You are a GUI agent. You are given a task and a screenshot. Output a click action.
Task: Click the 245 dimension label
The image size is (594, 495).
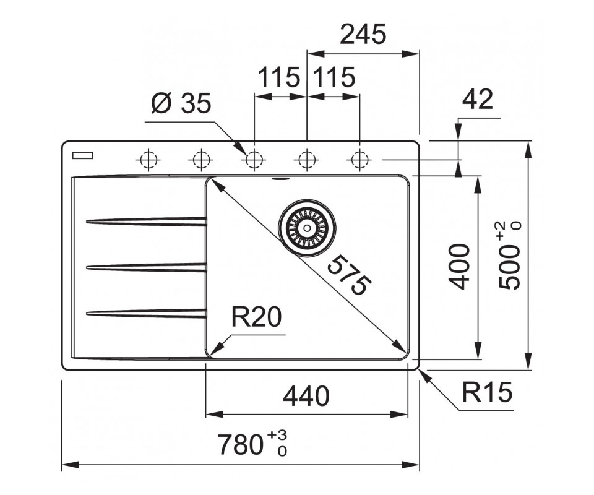click(x=363, y=35)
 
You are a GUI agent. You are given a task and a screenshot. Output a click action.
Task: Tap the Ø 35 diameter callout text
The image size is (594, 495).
click(x=181, y=105)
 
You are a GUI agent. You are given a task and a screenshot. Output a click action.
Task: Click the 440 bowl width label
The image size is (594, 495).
click(x=306, y=396)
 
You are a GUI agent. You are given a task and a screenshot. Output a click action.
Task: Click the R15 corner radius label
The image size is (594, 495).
click(x=488, y=392)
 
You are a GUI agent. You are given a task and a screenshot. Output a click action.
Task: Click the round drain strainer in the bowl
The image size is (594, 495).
click(x=306, y=226)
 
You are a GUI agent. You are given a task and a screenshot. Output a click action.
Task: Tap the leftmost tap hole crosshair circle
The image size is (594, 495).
click(x=147, y=160)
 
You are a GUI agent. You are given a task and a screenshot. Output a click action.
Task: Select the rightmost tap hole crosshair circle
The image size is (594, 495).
click(x=358, y=160)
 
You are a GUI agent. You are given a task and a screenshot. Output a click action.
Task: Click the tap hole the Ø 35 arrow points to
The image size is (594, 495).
click(x=252, y=160)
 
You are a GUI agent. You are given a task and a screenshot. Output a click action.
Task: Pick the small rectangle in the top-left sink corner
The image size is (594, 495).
click(x=82, y=155)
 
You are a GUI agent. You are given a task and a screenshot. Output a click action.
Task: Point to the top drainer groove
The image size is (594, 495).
click(x=147, y=221)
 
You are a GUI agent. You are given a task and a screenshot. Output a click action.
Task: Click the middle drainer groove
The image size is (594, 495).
click(x=147, y=267)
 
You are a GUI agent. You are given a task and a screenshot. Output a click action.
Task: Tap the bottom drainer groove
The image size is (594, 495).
click(x=147, y=313)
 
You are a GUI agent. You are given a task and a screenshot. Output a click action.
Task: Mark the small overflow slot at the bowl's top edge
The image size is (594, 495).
click(x=280, y=180)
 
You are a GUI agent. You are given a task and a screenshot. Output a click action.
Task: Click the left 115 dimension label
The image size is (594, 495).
click(x=278, y=79)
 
